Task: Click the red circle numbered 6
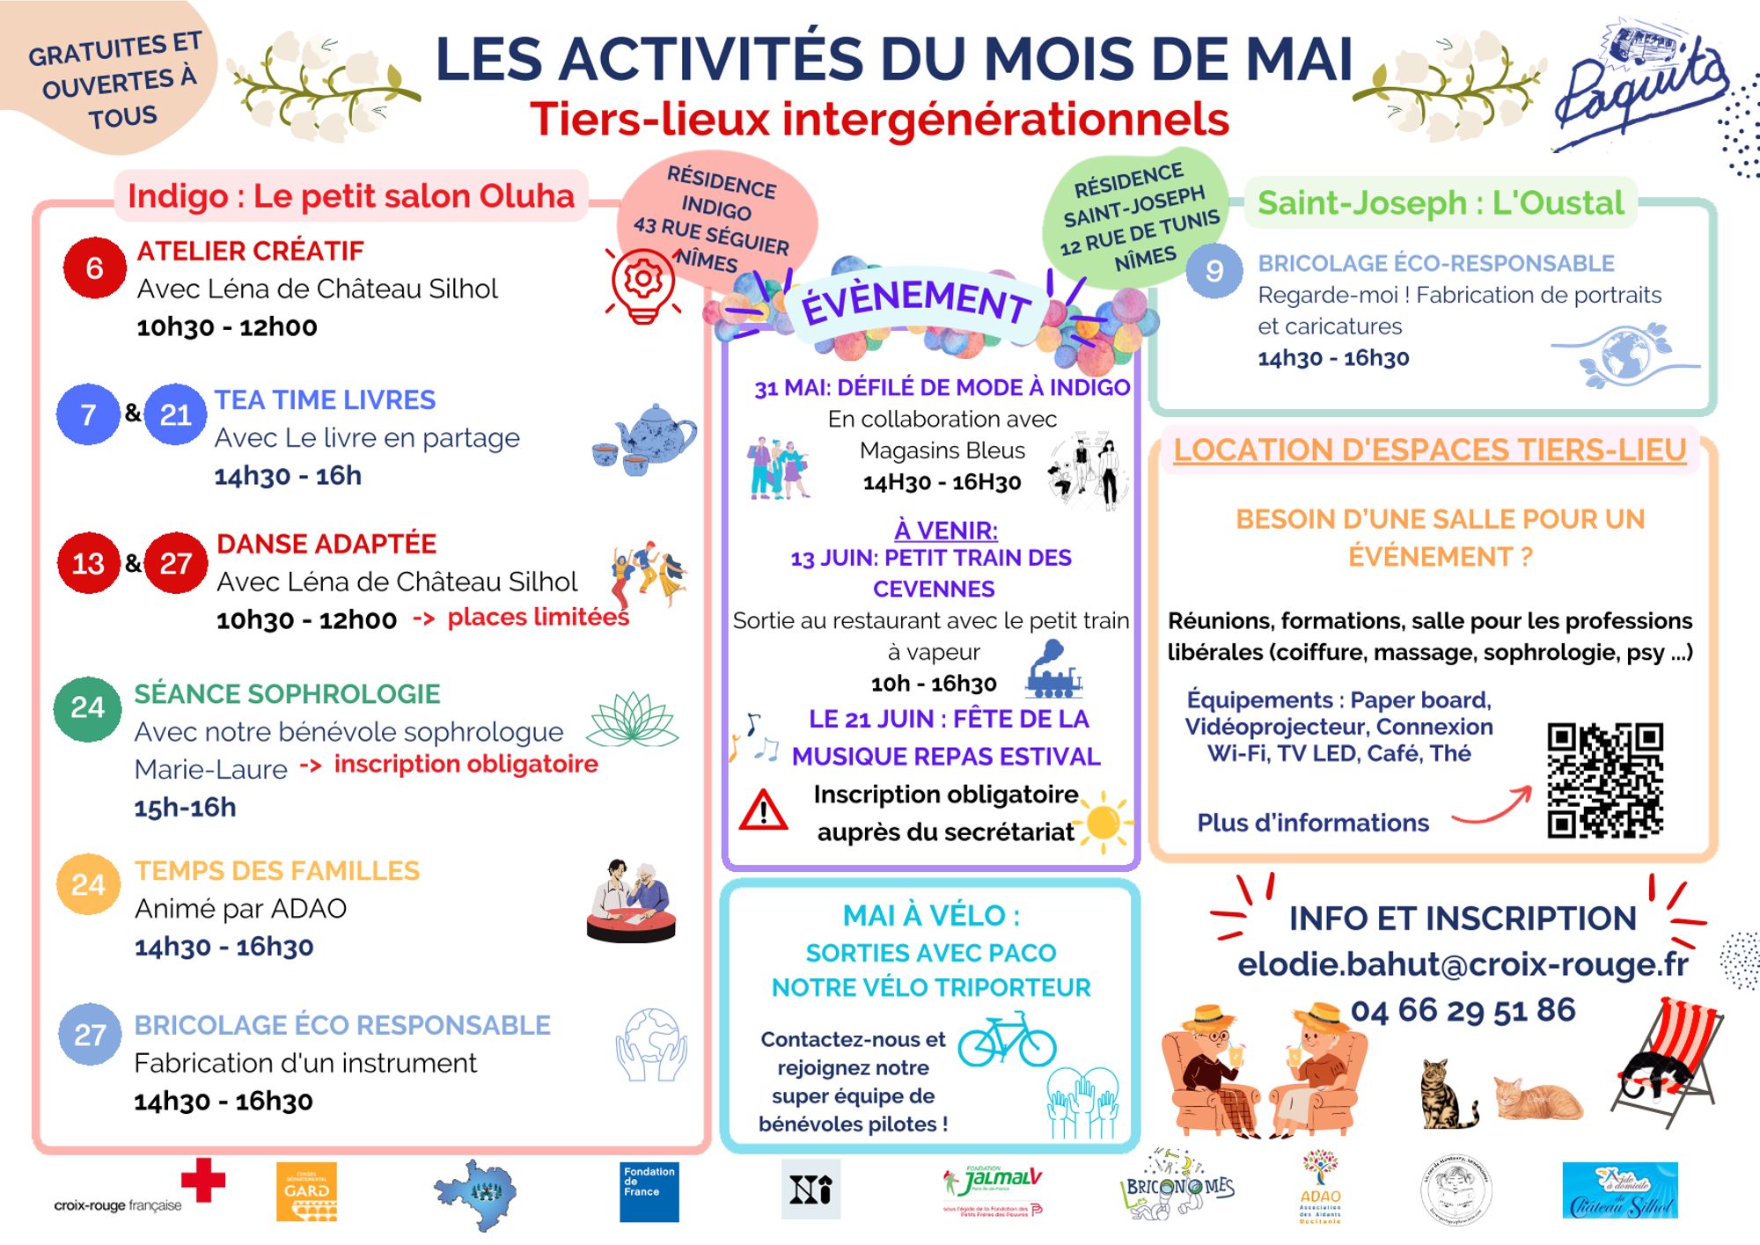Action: [94, 267]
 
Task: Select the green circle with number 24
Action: [87, 707]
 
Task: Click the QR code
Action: [1604, 780]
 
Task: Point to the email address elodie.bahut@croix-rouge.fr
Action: [1463, 964]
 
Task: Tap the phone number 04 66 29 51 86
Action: [1463, 1010]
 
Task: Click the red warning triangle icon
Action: [763, 811]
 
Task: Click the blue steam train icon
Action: [1052, 670]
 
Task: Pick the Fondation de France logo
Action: [649, 1192]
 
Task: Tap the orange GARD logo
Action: [306, 1192]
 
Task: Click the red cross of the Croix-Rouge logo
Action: [203, 1180]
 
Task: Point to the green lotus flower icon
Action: [632, 719]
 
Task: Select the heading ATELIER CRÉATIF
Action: [250, 251]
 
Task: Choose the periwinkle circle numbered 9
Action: [1214, 270]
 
